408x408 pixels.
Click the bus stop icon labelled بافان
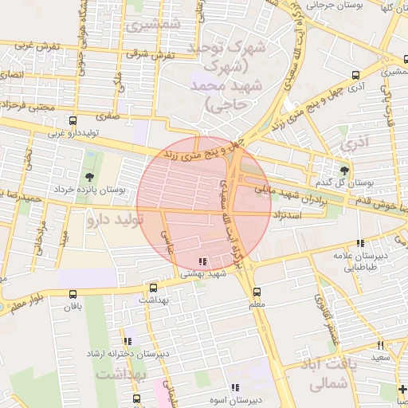click(73, 294)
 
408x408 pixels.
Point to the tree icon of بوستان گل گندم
click(344, 170)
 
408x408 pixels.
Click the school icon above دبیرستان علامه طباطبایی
click(360, 243)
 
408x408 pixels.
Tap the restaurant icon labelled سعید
click(380, 344)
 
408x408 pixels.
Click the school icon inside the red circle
click(202, 261)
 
